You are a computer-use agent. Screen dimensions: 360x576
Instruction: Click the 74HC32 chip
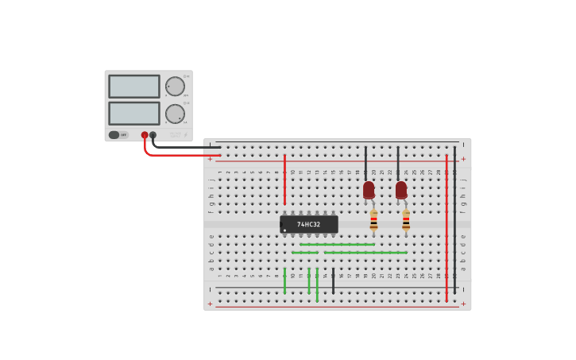coord(309,224)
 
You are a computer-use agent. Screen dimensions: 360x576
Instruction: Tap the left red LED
coord(369,190)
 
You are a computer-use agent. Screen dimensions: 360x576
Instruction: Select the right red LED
coord(401,190)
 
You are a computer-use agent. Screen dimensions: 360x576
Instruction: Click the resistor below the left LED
coord(373,220)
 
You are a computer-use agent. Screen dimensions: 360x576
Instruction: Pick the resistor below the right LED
coord(406,220)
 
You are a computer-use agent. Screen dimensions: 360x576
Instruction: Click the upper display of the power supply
coord(133,87)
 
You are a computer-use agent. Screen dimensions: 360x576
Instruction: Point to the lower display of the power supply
coord(133,113)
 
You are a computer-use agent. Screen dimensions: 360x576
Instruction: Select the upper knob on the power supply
coord(175,87)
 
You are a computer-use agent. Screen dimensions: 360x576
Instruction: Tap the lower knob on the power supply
coord(175,114)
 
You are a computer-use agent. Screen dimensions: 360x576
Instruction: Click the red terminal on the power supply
coord(145,135)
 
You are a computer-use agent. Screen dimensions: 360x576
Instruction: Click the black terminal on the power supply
coord(153,135)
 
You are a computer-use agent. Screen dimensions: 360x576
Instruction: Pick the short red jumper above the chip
coord(284,179)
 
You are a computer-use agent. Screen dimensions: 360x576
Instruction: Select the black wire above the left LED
coord(365,163)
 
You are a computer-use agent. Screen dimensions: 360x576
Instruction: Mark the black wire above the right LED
coord(398,163)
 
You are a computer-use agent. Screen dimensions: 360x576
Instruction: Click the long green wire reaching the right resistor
coord(365,253)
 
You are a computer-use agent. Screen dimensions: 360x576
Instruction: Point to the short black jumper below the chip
coord(333,281)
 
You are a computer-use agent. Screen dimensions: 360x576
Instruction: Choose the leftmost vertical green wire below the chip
coord(284,281)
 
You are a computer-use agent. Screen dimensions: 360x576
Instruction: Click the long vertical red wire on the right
coord(446,226)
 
